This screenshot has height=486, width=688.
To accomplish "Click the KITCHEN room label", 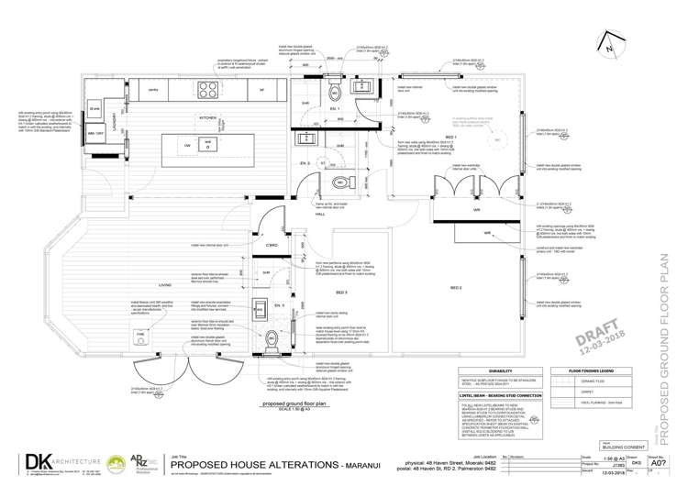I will pyautogui.click(x=208, y=118).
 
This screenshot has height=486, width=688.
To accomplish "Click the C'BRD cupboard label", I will pyautogui.click(x=271, y=246).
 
